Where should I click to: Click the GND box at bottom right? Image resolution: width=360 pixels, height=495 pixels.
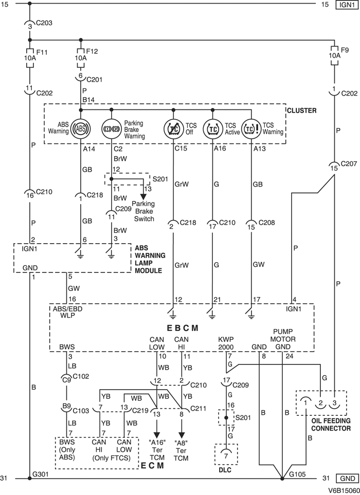[344, 479]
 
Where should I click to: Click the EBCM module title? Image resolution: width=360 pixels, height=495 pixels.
[183, 327]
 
